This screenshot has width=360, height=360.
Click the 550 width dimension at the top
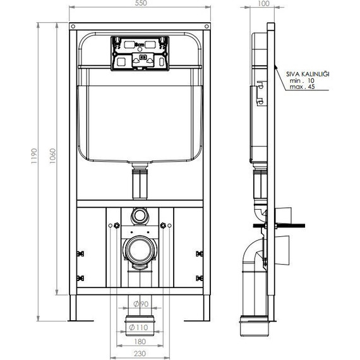141,4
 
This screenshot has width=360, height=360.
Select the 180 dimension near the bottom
140,342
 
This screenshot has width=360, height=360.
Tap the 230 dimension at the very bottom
140,354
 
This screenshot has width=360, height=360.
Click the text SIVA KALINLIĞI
308,74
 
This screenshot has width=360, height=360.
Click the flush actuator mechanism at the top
140,52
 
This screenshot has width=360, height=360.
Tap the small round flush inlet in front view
140,215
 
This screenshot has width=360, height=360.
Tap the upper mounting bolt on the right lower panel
200,253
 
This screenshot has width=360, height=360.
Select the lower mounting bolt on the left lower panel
80,277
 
